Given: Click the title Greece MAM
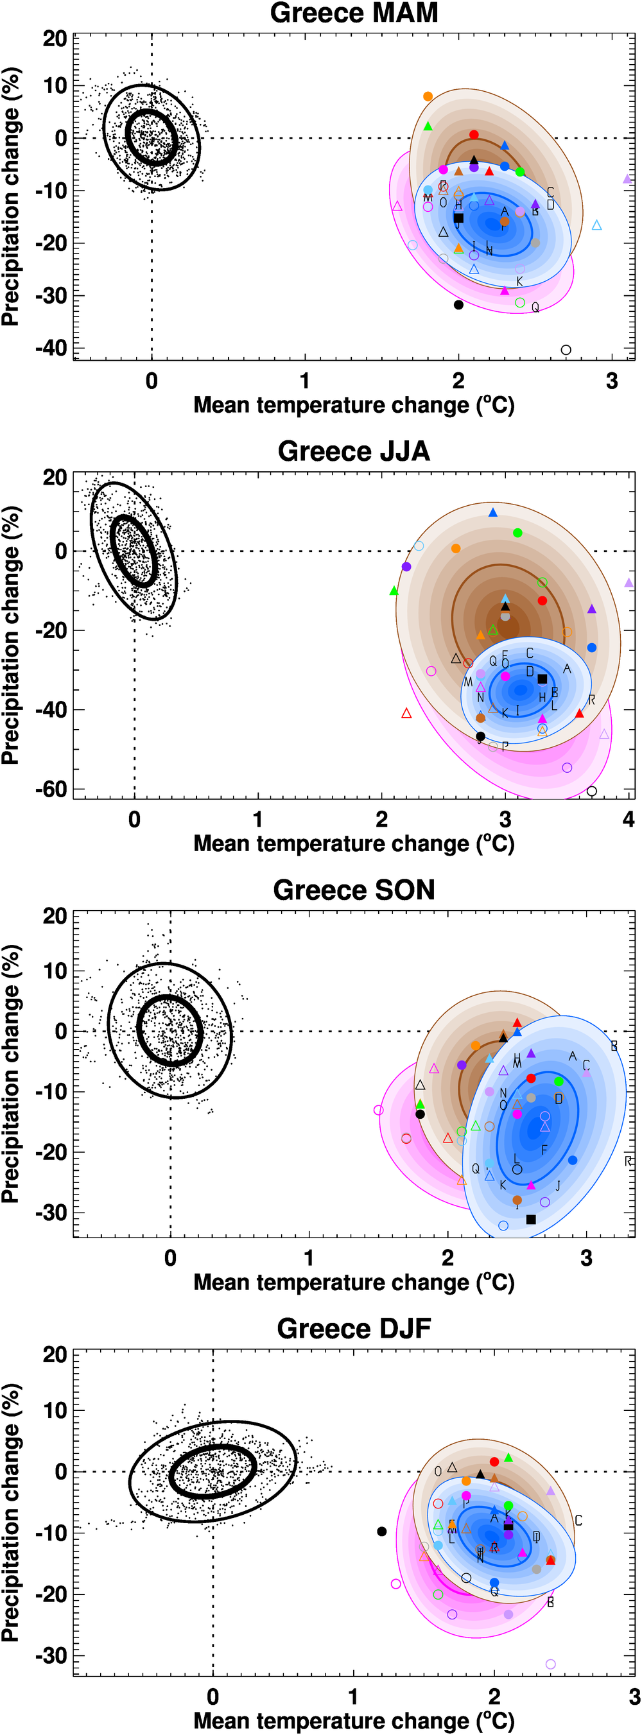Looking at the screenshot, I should [x=354, y=13].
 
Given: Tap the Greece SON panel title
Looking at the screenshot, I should [x=354, y=890].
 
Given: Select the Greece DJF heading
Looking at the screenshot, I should [x=354, y=1328].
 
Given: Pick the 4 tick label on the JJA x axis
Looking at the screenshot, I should [x=629, y=819].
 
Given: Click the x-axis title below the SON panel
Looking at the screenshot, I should [x=354, y=1282].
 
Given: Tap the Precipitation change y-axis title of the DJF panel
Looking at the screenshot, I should [x=11, y=1512].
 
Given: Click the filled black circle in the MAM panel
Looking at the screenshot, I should [x=459, y=305].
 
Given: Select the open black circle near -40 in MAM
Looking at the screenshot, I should [x=566, y=350].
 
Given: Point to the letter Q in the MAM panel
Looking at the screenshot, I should [x=535, y=307].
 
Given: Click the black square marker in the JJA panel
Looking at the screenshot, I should [x=542, y=679].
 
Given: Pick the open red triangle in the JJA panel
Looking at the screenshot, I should [x=406, y=713].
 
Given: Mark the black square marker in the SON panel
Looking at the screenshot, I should [x=531, y=1219].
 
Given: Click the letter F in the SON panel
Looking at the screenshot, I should [x=544, y=1150].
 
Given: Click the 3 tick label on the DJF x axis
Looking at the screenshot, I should [x=634, y=1696].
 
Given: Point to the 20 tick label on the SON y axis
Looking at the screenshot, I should [x=55, y=916].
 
